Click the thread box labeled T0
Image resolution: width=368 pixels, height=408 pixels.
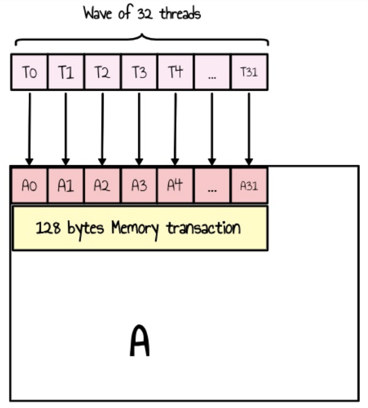[x=29, y=72]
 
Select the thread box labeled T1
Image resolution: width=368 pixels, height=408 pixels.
[x=66, y=72]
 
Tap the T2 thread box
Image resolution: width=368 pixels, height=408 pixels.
[x=102, y=72]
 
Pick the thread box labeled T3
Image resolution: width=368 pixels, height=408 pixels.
[x=139, y=72]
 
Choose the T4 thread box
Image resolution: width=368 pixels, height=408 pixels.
[x=175, y=72]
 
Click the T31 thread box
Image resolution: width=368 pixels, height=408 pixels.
[x=249, y=72]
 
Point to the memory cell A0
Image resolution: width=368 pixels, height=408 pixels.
[x=29, y=185]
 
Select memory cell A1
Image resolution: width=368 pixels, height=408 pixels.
[x=66, y=185]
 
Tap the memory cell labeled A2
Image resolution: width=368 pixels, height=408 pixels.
[x=102, y=185]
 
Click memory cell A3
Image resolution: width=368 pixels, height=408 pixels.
[x=139, y=185]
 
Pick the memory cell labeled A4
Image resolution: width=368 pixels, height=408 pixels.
[x=175, y=185]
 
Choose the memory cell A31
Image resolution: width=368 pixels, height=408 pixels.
[x=249, y=185]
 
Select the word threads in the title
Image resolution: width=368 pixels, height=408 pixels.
[x=180, y=14]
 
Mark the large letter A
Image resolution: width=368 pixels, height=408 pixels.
[x=140, y=341]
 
